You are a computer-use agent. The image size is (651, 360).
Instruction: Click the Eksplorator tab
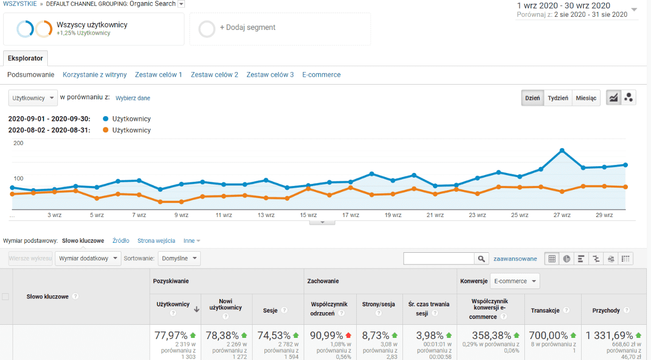click(26, 58)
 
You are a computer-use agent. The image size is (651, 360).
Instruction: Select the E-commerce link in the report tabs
click(321, 75)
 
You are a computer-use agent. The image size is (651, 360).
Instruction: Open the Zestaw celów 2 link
click(214, 75)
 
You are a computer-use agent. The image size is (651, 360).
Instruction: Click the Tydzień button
click(558, 98)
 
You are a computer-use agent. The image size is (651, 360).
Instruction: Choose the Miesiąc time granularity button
click(586, 98)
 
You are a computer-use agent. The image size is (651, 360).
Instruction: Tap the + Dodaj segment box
click(280, 29)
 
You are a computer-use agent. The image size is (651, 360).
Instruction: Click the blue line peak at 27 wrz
click(562, 150)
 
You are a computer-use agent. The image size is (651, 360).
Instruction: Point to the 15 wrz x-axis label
click(308, 215)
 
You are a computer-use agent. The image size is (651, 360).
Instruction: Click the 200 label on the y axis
click(18, 143)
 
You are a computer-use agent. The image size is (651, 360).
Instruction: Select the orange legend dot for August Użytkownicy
click(106, 130)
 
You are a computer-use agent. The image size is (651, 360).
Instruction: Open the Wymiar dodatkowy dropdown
click(88, 259)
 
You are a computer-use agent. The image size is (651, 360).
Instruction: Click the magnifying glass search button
click(481, 259)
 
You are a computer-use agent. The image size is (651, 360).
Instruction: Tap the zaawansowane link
click(515, 259)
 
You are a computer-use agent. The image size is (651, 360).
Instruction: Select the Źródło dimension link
click(121, 241)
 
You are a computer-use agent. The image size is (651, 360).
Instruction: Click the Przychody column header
click(606, 311)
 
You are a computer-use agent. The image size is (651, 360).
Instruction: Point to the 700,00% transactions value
click(549, 335)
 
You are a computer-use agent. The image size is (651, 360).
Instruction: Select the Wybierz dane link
click(132, 98)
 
